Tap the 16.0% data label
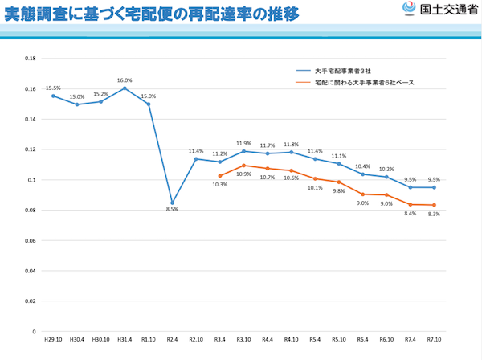(x=125, y=80)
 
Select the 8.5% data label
(x=173, y=211)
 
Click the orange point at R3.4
(x=219, y=176)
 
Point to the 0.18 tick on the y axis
(x=31, y=59)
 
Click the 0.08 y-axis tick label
(x=31, y=211)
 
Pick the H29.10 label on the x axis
(x=53, y=341)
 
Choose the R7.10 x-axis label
(x=434, y=341)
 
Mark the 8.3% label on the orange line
(x=434, y=214)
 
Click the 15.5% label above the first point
(x=53, y=88)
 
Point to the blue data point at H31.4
(x=125, y=88)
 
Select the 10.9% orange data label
(x=243, y=174)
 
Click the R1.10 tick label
(x=149, y=341)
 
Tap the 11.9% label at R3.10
(x=243, y=144)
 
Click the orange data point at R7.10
(x=434, y=205)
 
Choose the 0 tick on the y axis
(x=34, y=331)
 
